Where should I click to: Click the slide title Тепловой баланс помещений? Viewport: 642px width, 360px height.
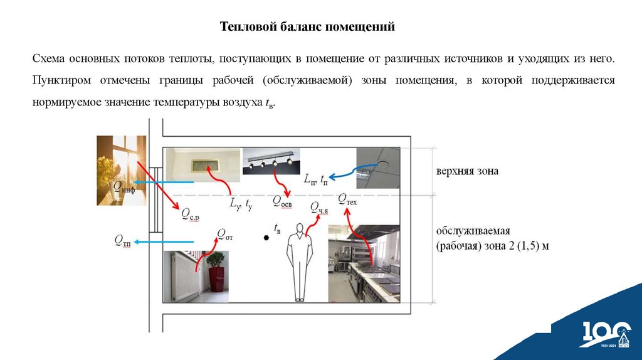(x=308, y=28)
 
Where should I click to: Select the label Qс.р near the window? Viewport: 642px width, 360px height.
(x=189, y=216)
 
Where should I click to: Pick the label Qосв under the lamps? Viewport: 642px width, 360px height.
(x=282, y=201)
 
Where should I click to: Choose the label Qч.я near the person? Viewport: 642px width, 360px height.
(x=319, y=208)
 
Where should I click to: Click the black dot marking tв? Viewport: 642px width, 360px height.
(x=266, y=238)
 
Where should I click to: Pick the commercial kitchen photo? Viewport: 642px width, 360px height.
(x=364, y=263)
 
